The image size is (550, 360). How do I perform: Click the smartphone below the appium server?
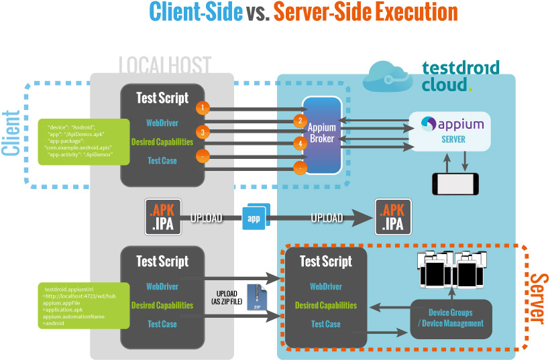455,182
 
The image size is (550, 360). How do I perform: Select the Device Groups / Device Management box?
451,318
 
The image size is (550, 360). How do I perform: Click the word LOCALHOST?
164,65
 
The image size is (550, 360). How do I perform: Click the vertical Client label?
11,133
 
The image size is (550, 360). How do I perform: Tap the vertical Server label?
536,297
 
